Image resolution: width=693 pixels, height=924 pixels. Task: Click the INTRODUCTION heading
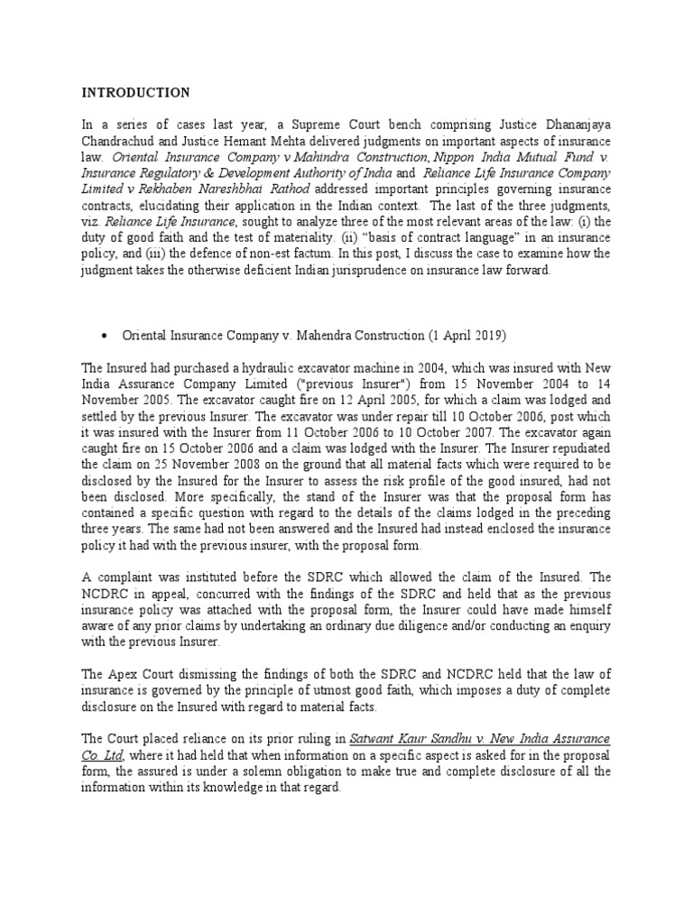point(136,92)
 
